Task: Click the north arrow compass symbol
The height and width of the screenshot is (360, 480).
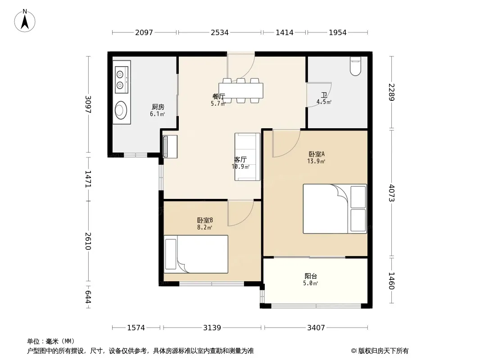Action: pyautogui.click(x=25, y=21)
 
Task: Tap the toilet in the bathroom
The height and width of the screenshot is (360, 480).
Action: pyautogui.click(x=355, y=66)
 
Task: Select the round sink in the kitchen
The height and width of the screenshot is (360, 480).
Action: pyautogui.click(x=121, y=110)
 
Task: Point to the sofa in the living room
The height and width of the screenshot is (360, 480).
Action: pyautogui.click(x=247, y=157)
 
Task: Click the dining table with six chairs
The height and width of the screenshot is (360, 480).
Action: pyautogui.click(x=241, y=90)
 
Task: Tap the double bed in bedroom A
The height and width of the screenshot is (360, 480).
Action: pyautogui.click(x=335, y=209)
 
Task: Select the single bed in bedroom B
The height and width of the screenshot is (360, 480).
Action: pyautogui.click(x=196, y=254)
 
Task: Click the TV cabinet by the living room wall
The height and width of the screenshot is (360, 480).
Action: pyautogui.click(x=170, y=147)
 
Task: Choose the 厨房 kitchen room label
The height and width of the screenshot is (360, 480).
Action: pyautogui.click(x=158, y=107)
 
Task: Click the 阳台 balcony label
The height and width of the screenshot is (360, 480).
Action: pyautogui.click(x=311, y=276)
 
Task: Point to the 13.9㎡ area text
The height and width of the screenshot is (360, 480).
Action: pyautogui.click(x=316, y=161)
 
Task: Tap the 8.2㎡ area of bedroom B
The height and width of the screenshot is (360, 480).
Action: pyautogui.click(x=205, y=228)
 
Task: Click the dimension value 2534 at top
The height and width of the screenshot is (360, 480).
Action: pyautogui.click(x=219, y=32)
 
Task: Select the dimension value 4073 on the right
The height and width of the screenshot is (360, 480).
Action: pyautogui.click(x=392, y=193)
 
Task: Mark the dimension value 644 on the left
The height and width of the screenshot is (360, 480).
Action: pyautogui.click(x=88, y=297)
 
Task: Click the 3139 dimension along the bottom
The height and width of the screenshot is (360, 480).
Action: pyautogui.click(x=212, y=328)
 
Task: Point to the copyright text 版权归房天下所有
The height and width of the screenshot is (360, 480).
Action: pyautogui.click(x=383, y=351)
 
